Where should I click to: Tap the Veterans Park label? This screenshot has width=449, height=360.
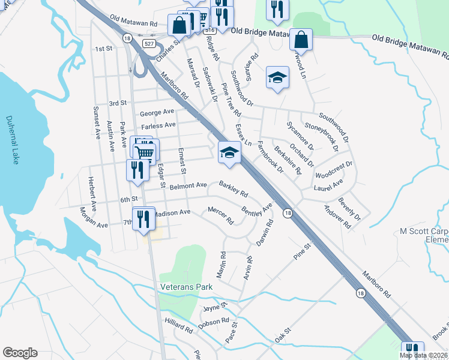coord(187,287)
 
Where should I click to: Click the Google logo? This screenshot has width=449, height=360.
coord(20,353)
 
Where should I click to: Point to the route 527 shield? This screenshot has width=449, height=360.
coord(147,43)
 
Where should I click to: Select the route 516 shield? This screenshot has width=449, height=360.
coord(208,29)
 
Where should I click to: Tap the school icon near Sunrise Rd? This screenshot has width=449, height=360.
coord(277,78)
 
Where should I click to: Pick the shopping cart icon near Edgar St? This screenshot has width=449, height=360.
coord(145,152)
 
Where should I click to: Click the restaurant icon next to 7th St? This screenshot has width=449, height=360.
coord(143,220)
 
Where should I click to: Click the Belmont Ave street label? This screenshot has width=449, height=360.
coord(188,186)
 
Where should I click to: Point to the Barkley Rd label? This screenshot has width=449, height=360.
coord(234,190)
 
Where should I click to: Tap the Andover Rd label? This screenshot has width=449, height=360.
coord(337,217)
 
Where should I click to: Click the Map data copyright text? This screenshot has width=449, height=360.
coord(423,355)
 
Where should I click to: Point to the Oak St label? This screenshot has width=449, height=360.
coord(282,331)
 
